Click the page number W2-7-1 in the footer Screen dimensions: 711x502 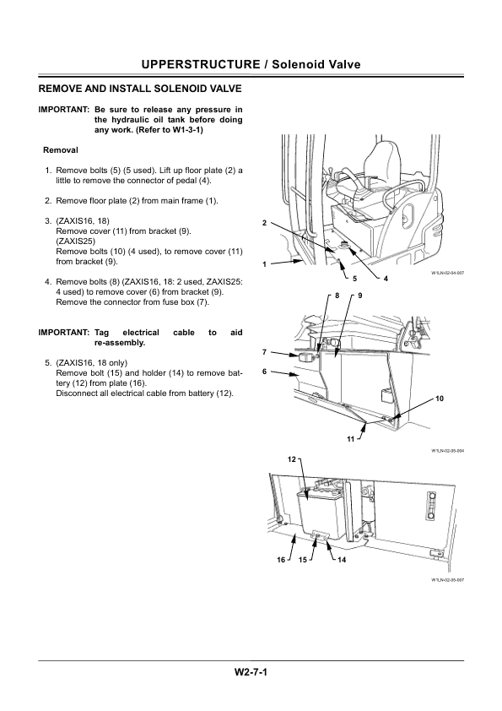coord(251,673)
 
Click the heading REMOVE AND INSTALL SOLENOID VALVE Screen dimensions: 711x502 coord(141,88)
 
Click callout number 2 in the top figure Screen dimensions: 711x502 coord(264,223)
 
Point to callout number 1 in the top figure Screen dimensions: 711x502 coord(264,264)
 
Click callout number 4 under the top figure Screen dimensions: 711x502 coord(386,278)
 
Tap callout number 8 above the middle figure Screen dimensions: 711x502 coord(336,296)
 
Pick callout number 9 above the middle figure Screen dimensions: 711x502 coord(359,296)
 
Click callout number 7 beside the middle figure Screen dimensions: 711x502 coord(264,351)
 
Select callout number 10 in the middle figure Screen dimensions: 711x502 coord(439,397)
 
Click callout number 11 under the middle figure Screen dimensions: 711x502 coord(349,441)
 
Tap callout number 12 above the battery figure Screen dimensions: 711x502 coord(292,459)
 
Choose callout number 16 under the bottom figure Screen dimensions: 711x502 coord(280,560)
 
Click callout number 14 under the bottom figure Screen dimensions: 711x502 coord(342,560)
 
